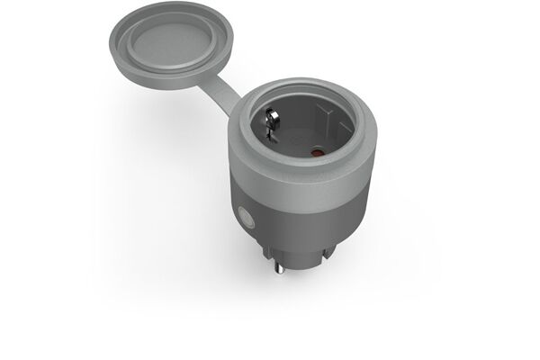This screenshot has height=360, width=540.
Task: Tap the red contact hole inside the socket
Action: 315,153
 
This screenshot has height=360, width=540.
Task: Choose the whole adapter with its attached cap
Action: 270,162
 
